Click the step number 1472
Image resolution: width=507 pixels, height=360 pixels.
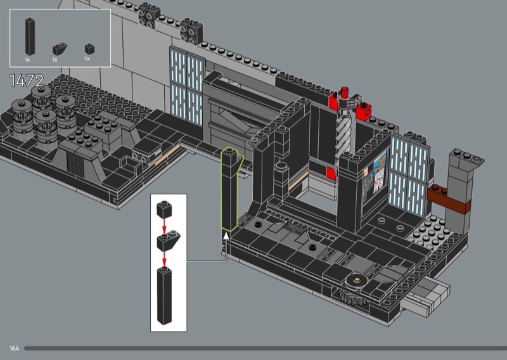coord(27,80)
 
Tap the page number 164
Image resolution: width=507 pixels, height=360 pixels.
coord(14,349)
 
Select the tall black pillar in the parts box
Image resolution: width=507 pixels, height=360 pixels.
coord(30,37)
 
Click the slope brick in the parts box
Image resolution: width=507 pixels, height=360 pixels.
coord(60,49)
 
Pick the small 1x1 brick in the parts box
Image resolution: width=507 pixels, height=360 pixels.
coord(89,49)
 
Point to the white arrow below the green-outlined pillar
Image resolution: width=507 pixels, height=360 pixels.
coord(226,236)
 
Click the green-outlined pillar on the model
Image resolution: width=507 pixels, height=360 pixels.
coord(229,190)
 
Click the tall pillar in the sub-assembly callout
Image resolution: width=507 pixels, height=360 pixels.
coord(164,295)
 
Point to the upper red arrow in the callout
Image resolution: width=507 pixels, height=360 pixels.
coord(164,226)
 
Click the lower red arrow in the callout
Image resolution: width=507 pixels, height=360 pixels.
coord(164,259)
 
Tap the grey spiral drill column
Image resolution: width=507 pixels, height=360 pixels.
coord(343,136)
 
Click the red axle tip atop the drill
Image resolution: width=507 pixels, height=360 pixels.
coord(344,92)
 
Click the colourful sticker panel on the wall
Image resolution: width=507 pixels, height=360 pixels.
coord(375,176)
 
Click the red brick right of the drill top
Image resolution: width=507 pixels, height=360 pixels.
coord(363,111)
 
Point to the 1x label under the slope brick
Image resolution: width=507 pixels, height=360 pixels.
coord(55,60)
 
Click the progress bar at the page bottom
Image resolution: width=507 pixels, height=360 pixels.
coord(266,349)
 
